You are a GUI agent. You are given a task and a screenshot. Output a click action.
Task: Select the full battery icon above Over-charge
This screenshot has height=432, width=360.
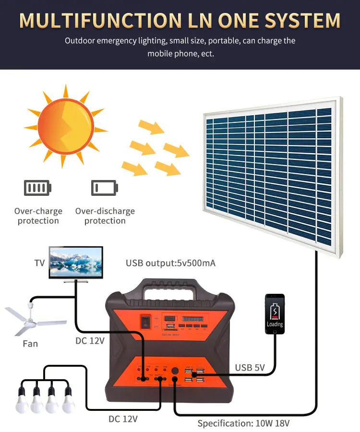pos(37,187)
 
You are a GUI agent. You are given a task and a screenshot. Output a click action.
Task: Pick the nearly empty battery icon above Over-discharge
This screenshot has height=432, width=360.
pos(104,187)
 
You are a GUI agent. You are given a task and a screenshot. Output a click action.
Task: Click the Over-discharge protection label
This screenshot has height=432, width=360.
pos(105,216)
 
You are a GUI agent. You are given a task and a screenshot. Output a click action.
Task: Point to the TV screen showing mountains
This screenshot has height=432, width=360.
pos(76,262)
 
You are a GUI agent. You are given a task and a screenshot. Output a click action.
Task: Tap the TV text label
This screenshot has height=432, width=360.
pos(39,263)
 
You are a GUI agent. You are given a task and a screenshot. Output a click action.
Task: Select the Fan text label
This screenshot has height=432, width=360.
pos(30,344)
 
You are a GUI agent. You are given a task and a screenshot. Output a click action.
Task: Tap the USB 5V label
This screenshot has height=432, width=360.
pos(250,368)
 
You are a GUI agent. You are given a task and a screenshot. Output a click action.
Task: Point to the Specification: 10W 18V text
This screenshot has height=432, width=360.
pos(243,424)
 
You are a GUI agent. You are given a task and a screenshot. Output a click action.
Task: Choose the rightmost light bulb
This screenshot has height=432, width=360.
pos(69,401)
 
